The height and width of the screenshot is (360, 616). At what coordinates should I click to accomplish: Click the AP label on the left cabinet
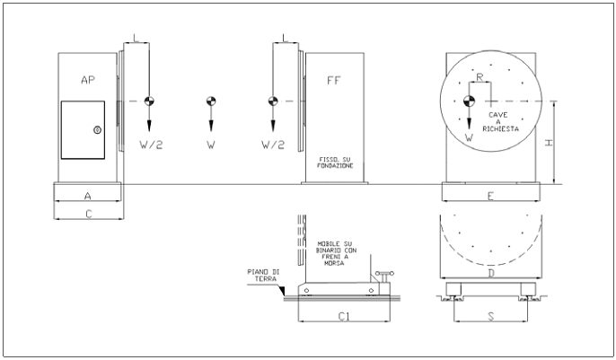[x=88, y=80]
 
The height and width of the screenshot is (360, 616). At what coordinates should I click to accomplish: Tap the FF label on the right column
[x=334, y=81]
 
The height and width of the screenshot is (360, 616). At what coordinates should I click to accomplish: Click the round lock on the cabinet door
[x=97, y=130]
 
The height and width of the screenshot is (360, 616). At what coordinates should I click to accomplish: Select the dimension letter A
[x=88, y=196]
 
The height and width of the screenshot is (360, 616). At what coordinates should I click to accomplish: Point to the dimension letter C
[x=89, y=214]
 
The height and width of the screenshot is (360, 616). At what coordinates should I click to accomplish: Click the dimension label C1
[x=344, y=316]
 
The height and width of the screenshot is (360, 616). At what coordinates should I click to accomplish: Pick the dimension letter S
[x=491, y=316]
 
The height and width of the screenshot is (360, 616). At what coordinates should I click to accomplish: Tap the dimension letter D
[x=491, y=273]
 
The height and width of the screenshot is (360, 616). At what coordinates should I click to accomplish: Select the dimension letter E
[x=490, y=196]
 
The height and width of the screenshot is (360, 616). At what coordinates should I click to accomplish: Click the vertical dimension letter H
[x=549, y=143]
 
